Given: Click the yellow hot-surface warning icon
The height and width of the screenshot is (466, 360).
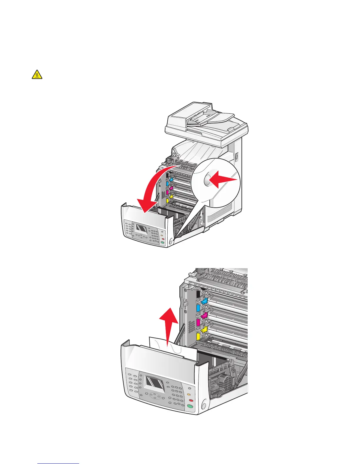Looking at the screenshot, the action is pos(37,74).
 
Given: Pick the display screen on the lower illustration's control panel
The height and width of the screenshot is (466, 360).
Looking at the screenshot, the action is pos(155,382).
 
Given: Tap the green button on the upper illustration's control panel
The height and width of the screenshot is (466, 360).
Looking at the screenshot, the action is pos(162,243).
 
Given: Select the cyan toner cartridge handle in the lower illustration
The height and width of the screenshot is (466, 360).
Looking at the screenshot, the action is pos(204,301).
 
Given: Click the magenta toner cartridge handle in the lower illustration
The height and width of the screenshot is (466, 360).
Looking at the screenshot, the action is pos(204,316).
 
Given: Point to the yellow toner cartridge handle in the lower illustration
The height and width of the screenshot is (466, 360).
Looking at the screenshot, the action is pos(204,329).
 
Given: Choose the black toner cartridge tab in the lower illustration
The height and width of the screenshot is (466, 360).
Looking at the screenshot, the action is pos(198,294).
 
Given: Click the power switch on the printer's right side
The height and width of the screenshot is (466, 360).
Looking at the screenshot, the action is pos(236,157).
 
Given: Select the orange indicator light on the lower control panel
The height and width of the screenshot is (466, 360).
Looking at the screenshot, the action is pos(189,394).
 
